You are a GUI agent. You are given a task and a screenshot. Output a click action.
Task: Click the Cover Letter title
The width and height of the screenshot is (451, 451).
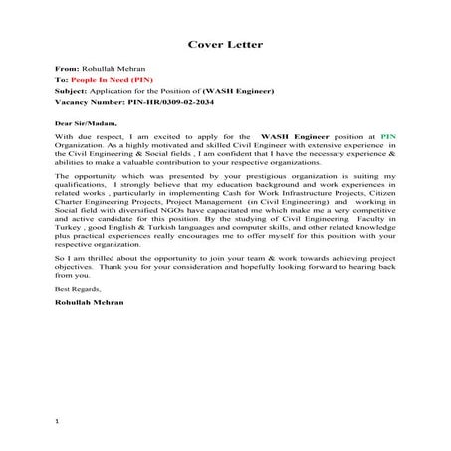[225, 44]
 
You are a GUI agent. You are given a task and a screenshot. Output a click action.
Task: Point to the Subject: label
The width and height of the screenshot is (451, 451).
[71, 90]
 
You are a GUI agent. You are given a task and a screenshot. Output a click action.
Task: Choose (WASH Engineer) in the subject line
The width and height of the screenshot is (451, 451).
[238, 90]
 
